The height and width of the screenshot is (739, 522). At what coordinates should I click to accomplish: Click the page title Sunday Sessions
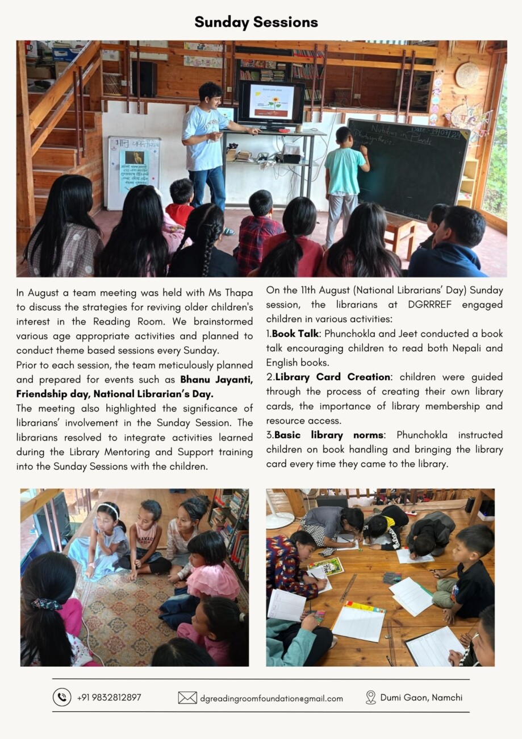pyautogui.click(x=256, y=22)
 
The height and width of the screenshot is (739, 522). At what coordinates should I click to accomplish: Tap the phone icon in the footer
pyautogui.click(x=62, y=697)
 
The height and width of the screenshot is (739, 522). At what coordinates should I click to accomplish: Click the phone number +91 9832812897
pyautogui.click(x=109, y=698)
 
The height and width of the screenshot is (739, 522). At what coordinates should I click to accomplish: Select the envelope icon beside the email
pyautogui.click(x=187, y=698)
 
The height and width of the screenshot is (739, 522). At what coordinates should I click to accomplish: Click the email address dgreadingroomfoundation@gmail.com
pyautogui.click(x=271, y=698)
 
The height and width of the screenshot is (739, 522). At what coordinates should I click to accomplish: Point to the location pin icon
pyautogui.click(x=371, y=698)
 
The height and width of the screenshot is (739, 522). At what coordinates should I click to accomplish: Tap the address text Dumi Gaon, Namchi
pyautogui.click(x=421, y=698)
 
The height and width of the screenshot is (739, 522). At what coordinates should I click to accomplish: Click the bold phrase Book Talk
pyautogui.click(x=295, y=334)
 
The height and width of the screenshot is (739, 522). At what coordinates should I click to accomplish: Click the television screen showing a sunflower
pyautogui.click(x=270, y=103)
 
